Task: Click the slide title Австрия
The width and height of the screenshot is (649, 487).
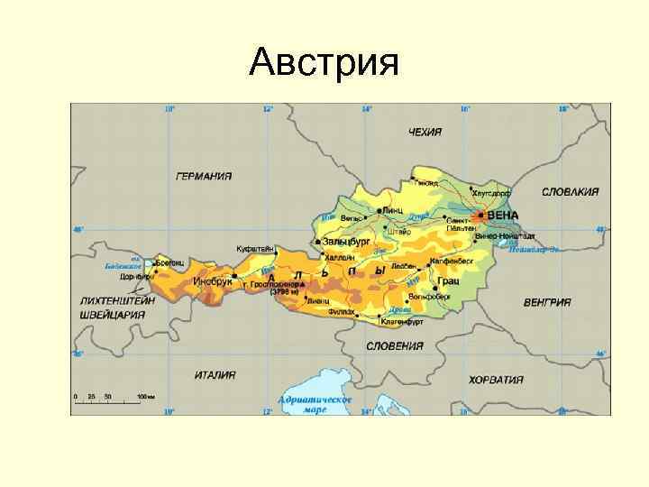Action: [324, 62]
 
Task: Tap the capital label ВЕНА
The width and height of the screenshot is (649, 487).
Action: [503, 215]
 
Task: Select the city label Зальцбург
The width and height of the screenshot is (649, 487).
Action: [346, 243]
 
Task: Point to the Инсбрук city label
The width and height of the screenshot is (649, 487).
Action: [213, 281]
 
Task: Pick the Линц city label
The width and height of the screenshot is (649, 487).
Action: [393, 209]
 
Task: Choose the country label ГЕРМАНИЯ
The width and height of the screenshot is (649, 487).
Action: [203, 176]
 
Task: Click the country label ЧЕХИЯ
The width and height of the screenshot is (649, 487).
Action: [425, 132]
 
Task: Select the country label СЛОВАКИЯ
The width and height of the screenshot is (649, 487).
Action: [570, 191]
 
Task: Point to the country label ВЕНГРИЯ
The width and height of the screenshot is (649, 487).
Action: [547, 302]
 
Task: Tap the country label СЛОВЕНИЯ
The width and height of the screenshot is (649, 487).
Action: [395, 345]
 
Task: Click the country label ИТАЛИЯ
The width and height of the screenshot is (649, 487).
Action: [215, 374]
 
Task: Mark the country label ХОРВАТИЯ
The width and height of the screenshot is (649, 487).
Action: [496, 380]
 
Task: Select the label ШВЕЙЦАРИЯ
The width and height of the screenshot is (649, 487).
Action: [112, 314]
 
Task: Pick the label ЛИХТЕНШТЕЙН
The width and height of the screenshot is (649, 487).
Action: [117, 299]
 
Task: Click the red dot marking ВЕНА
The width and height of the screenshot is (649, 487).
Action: [481, 216]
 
